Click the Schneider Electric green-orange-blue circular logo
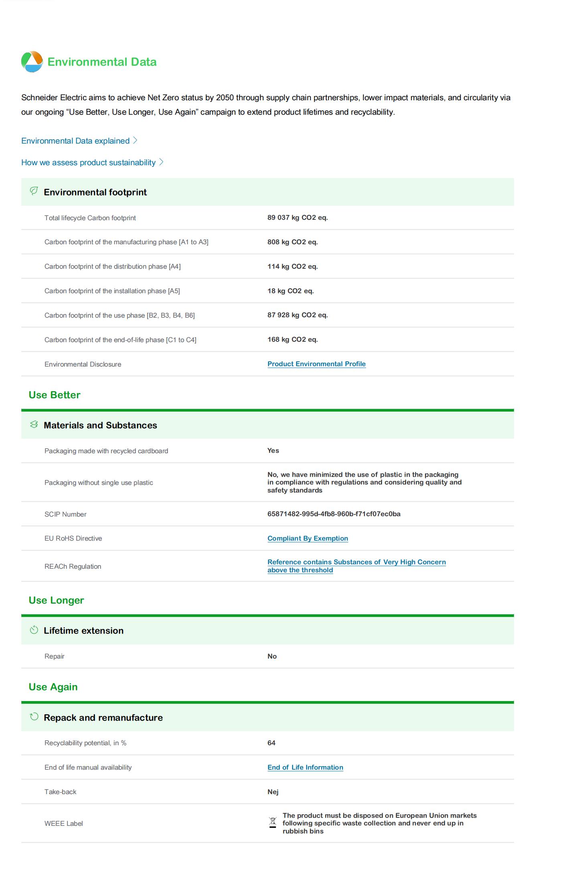click(x=32, y=62)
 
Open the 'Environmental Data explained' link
click(x=75, y=141)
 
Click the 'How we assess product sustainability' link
click(x=88, y=162)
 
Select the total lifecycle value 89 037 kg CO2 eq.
click(x=297, y=218)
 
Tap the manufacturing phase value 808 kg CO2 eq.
click(x=292, y=242)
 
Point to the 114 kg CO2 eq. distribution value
click(x=292, y=267)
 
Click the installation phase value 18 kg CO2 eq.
click(x=290, y=291)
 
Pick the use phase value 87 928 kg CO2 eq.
click(x=297, y=315)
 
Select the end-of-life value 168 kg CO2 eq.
click(x=292, y=340)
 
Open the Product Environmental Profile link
click(x=316, y=364)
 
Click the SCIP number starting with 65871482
click(x=334, y=514)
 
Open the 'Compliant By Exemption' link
click(x=308, y=539)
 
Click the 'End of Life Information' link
click(x=305, y=768)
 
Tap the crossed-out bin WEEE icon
click(x=273, y=823)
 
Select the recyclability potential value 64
click(x=271, y=743)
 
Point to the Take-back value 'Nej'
click(x=273, y=792)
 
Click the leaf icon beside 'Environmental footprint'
click(x=34, y=191)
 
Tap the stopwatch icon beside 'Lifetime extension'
click(x=34, y=630)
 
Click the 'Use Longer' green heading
click(x=56, y=600)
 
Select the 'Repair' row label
click(x=55, y=657)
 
